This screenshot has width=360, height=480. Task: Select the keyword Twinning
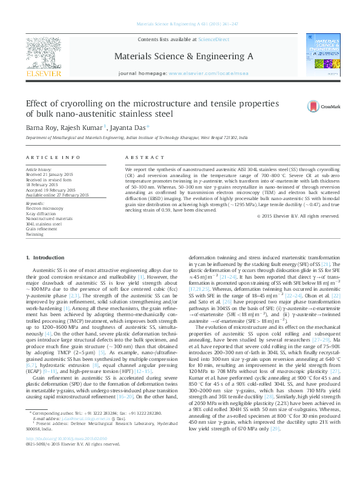pos(34,234)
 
